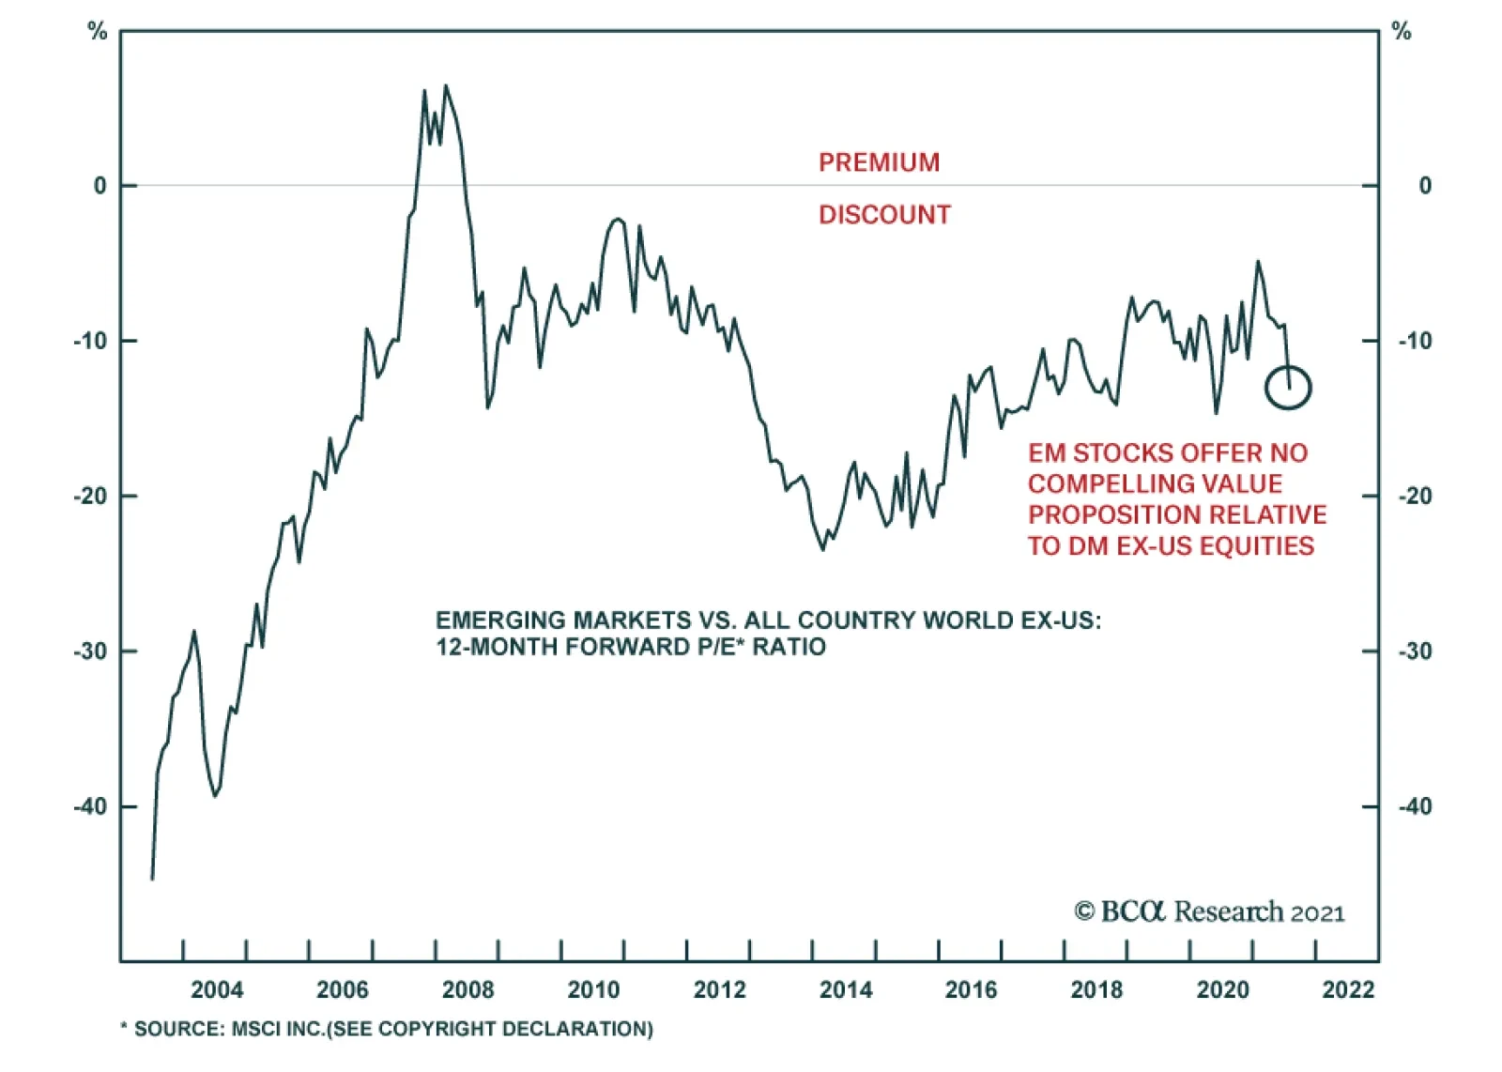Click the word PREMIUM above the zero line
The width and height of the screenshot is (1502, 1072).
coord(879,162)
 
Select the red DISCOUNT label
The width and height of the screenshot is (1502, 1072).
coord(884,215)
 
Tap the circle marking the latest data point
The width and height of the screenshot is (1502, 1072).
coord(1287,387)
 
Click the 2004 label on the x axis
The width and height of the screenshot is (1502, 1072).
coord(217,989)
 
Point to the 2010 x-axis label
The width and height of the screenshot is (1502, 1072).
coord(593,989)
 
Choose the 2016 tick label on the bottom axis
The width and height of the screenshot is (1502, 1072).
coord(971,989)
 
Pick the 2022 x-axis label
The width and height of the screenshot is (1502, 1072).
coord(1348,989)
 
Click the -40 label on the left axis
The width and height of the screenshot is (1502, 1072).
coord(91,806)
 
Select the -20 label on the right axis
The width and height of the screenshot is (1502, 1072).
coord(1415,496)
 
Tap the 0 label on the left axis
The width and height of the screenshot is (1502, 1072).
coord(100,186)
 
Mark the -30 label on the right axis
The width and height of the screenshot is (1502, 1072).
coord(1415,651)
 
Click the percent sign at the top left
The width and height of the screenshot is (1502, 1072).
coord(98,32)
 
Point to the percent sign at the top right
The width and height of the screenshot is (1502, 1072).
coord(1402,32)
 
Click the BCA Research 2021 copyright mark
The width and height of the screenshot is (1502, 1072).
coord(1209,911)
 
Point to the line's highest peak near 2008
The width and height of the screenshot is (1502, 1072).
coord(445,86)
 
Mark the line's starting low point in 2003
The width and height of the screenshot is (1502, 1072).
coord(152,879)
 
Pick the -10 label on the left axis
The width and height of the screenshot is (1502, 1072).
coord(91,341)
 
